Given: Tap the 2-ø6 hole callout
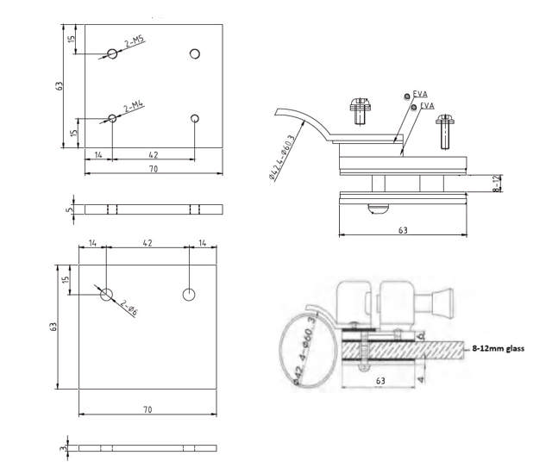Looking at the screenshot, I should (128, 308).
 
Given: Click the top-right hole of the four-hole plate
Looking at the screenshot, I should (195, 54).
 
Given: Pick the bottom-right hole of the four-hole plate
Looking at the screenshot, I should (195, 118).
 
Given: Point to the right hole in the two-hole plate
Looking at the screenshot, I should (189, 295).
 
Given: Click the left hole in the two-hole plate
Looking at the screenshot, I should (106, 295).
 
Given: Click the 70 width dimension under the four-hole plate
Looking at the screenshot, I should (153, 170).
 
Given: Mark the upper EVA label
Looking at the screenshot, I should (420, 94).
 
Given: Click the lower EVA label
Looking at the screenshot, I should (428, 105).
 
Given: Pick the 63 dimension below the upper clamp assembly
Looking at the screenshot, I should (403, 230).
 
